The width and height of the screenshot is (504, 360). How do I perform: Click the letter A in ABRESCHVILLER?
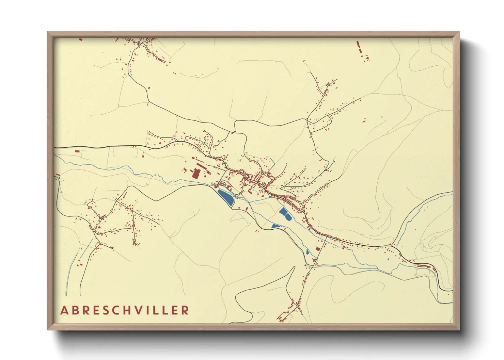click(x=64, y=310)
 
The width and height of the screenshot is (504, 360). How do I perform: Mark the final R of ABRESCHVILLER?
click(x=186, y=310)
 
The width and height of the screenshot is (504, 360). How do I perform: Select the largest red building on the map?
click(x=196, y=174)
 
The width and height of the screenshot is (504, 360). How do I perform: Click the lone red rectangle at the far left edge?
click(x=77, y=151)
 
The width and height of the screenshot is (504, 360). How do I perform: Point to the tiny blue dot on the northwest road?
click(x=148, y=104)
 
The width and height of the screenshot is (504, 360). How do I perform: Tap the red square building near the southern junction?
click(x=318, y=249)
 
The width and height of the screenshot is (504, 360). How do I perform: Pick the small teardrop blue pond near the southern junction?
click(x=308, y=252)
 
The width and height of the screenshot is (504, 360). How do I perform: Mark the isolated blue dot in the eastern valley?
click(x=388, y=259)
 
